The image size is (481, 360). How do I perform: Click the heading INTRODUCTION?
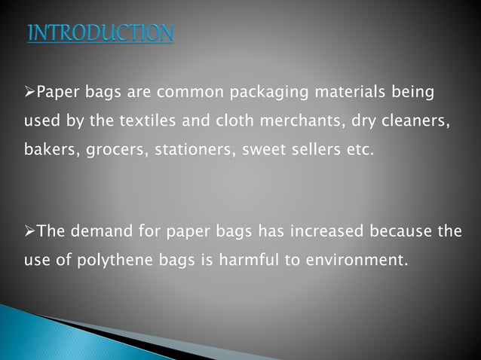pos(100,34)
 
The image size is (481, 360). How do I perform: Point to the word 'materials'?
pos(348,93)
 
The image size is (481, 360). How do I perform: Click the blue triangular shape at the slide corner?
pos(45,335)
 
